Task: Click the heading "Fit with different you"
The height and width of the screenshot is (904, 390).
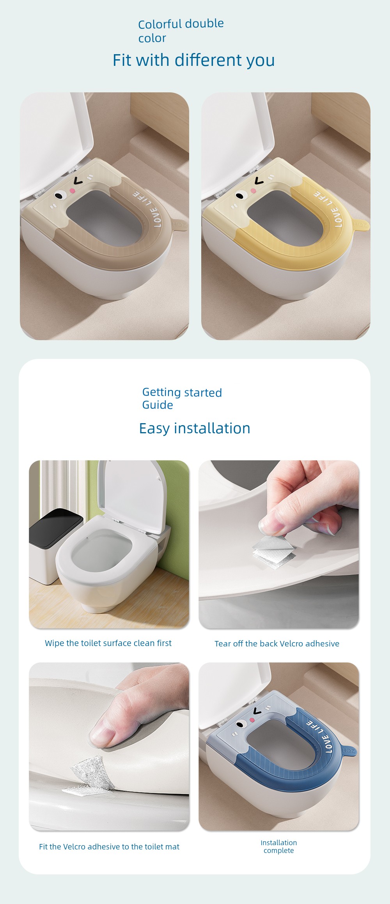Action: pos(194,60)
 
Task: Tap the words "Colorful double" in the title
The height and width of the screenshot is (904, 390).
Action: pos(181,24)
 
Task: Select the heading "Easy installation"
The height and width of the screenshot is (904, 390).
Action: pos(195,428)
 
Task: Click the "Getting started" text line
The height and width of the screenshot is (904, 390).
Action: pos(182,392)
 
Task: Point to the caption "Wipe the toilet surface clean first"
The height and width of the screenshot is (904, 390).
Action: pos(108,643)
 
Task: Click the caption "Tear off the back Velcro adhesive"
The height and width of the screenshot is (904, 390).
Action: pos(277,643)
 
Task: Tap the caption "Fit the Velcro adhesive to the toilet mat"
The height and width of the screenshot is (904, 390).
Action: pos(109,846)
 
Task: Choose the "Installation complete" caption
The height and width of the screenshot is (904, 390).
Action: pos(278,846)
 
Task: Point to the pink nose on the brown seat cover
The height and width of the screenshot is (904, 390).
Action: pos(72,190)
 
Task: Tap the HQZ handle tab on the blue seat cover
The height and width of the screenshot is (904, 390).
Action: pos(348,750)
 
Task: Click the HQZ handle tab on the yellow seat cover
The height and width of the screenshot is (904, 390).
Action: pos(360,225)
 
